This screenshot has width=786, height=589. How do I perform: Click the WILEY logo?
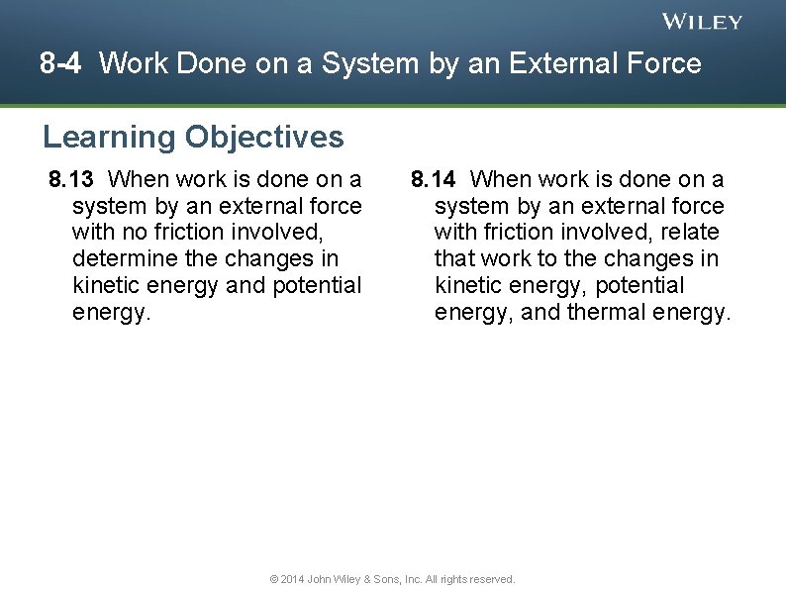[702, 22]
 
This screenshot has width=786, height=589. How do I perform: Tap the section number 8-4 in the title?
[61, 64]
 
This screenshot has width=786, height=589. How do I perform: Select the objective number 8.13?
[71, 179]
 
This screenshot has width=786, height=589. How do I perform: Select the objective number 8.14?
[434, 179]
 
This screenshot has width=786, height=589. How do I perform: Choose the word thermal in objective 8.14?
[608, 313]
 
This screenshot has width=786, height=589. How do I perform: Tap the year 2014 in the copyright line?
[292, 579]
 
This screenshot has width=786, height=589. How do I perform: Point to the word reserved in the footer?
[491, 579]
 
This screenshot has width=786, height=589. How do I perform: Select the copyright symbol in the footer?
[274, 579]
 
